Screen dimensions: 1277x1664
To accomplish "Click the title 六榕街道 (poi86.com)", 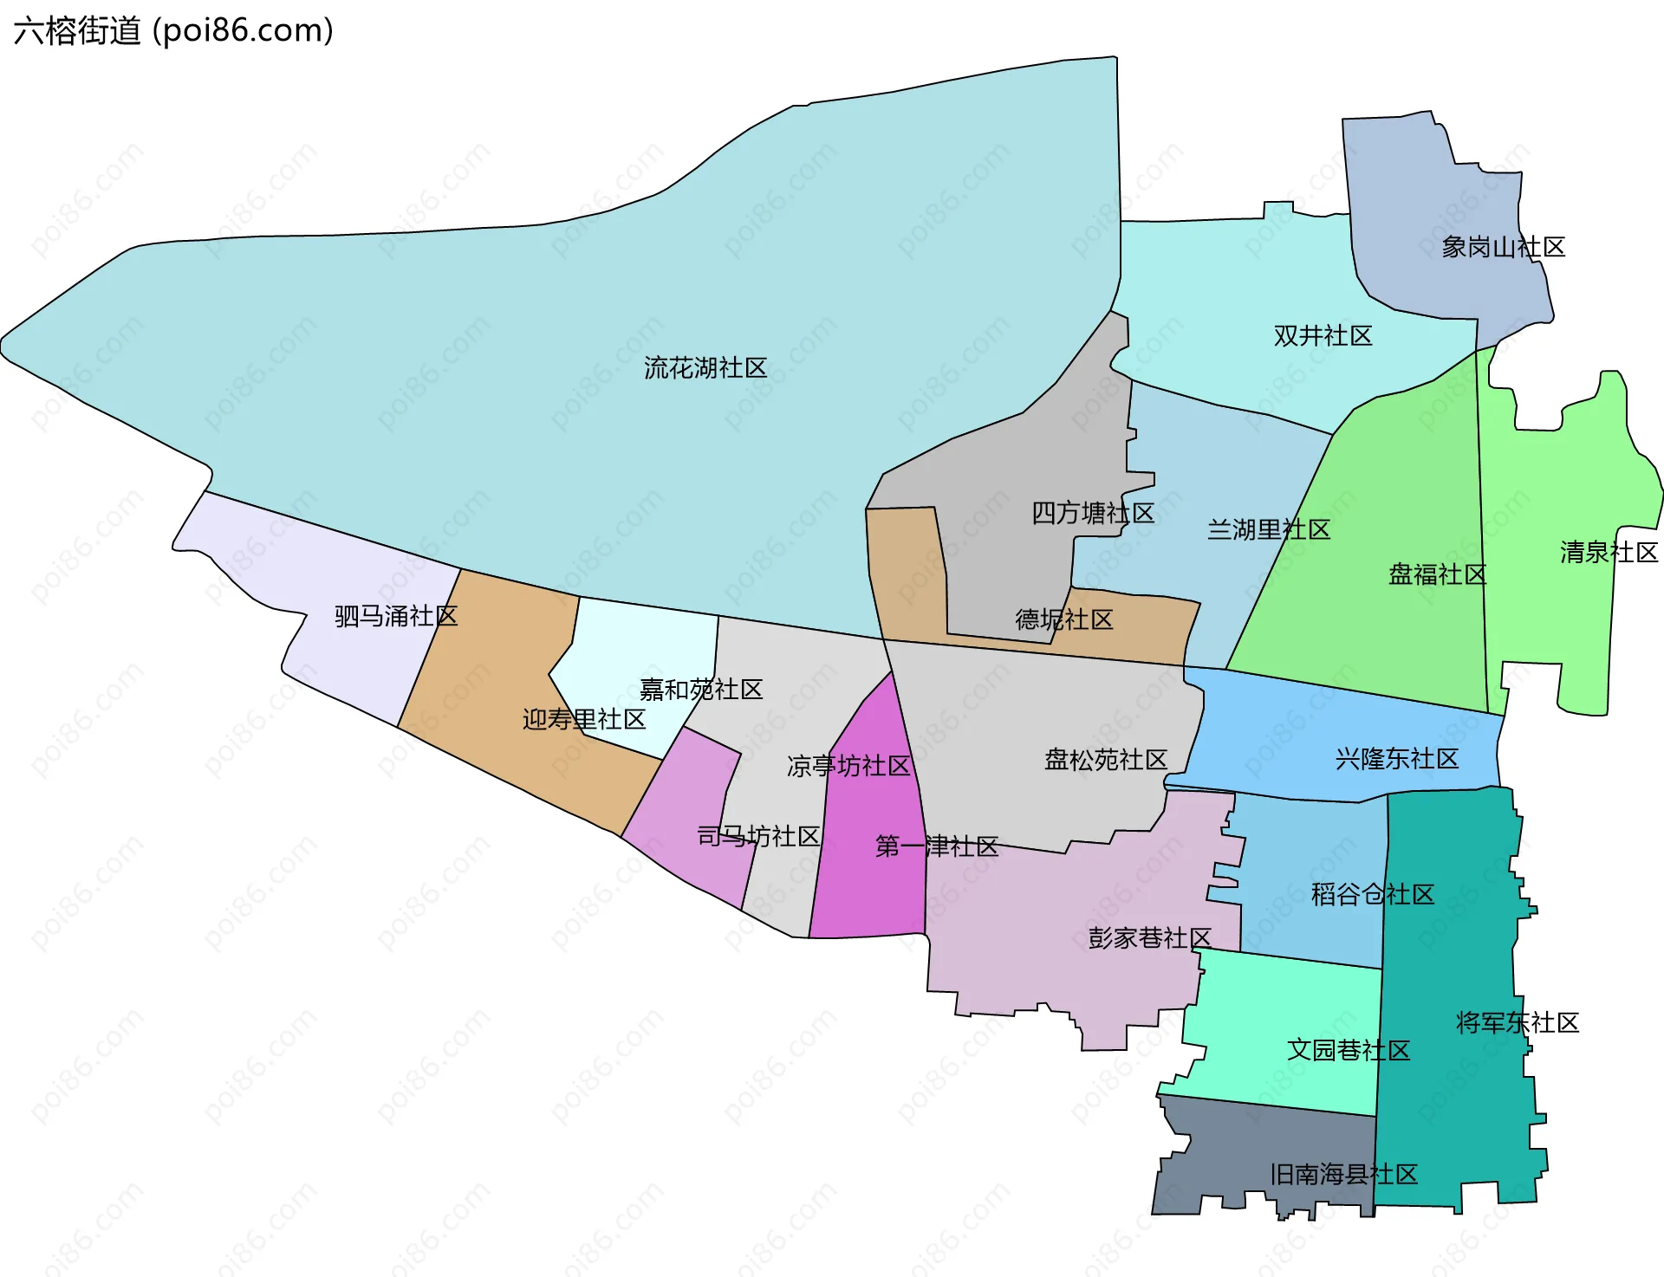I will (x=173, y=31).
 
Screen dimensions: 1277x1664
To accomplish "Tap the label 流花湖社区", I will (x=705, y=368).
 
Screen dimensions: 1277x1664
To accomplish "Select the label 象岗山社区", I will (x=1503, y=248).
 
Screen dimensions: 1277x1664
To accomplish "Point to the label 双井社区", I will (x=1323, y=336).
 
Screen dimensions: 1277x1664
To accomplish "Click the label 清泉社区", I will (x=1609, y=553).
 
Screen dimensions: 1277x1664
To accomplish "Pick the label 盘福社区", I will (x=1437, y=574).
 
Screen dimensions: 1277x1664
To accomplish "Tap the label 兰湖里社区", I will (x=1268, y=530).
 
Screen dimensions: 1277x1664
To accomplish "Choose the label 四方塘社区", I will (x=1092, y=514).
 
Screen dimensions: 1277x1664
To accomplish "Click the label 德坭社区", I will (x=1063, y=620).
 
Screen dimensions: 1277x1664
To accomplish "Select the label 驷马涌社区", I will (x=396, y=617).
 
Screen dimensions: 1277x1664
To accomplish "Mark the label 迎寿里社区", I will (x=583, y=720).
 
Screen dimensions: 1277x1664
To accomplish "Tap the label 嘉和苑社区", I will (x=700, y=690).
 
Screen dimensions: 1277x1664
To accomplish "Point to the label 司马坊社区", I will (x=758, y=837).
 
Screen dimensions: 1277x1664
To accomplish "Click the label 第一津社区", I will (x=936, y=846).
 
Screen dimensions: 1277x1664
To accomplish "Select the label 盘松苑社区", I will (x=1105, y=761).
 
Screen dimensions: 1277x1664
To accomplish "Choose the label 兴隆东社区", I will (x=1396, y=760).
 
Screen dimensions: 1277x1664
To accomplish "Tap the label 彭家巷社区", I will (x=1149, y=938).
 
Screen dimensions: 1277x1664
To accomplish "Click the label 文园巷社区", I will (x=1348, y=1051).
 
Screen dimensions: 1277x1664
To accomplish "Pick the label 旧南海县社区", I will (x=1343, y=1176).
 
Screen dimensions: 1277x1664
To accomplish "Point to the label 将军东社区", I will (x=1517, y=1023).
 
